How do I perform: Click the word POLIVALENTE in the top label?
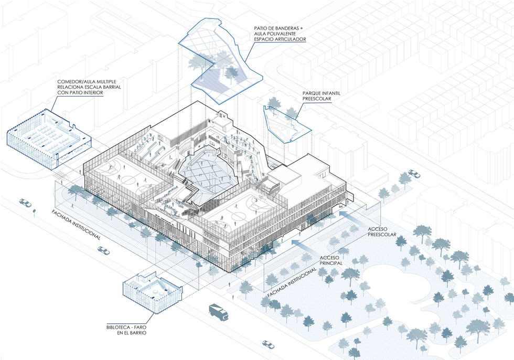coord(282,34)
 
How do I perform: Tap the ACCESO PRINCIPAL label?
coord(331,260)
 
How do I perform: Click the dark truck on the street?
coord(219,312)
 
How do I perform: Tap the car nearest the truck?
coord(268,344)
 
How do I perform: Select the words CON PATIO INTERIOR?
coord(80,93)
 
